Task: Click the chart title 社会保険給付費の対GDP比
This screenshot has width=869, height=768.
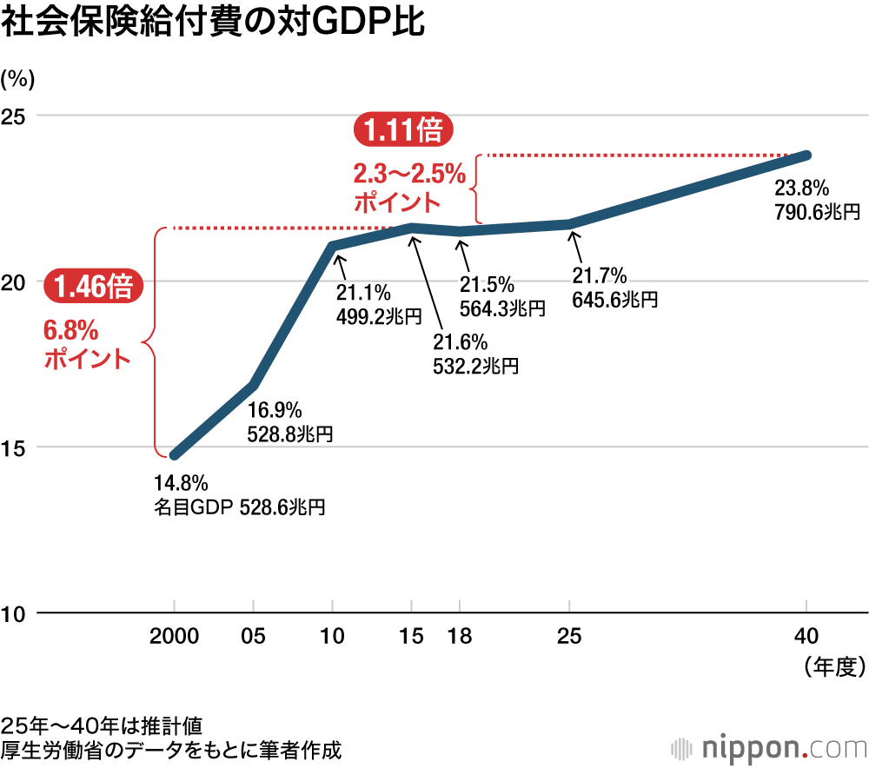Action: [214, 23]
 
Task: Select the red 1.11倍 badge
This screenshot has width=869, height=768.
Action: [402, 130]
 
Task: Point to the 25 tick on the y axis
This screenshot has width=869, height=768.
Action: [17, 116]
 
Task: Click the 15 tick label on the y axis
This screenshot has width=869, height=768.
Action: [17, 448]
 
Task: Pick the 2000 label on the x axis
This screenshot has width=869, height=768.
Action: [174, 636]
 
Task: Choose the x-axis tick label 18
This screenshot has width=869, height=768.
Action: [459, 636]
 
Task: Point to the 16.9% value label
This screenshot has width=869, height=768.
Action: [275, 409]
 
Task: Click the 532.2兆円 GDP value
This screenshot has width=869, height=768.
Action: [475, 365]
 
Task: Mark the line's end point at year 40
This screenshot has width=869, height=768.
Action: [807, 155]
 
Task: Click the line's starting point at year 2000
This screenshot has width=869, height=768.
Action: [175, 454]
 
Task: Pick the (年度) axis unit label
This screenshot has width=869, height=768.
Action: [833, 666]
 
